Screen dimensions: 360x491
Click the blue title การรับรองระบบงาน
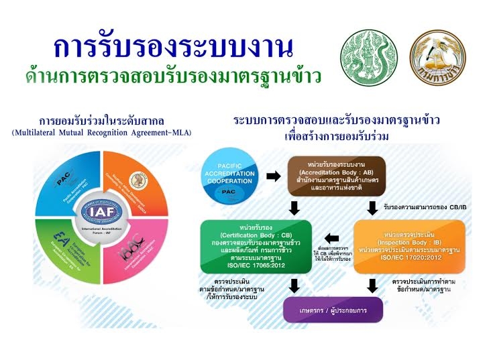(x=173, y=48)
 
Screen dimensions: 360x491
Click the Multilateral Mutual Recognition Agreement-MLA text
(x=101, y=133)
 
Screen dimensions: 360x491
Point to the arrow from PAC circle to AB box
(x=273, y=177)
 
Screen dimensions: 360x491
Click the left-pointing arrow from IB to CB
(x=334, y=236)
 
